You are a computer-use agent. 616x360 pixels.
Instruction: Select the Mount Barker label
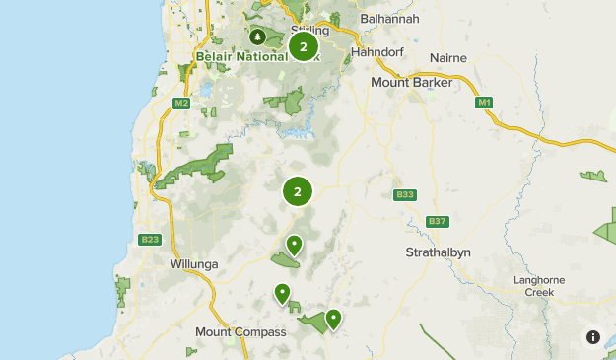411,83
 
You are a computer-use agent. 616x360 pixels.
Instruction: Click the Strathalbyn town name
439,252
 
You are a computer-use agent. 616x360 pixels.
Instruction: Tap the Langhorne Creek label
539,286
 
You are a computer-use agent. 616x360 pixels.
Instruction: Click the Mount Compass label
240,332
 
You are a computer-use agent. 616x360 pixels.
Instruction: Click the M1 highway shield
483,103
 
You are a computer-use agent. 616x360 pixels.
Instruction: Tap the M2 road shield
180,103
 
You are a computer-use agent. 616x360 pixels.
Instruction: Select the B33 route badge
404,194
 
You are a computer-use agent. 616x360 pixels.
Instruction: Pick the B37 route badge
438,221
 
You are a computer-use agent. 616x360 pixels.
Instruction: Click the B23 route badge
150,239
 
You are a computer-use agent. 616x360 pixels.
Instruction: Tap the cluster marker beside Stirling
303,46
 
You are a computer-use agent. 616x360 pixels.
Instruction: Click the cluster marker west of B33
297,192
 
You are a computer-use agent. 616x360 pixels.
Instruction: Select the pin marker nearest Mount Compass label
283,293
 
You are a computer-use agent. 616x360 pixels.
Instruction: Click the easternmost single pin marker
333,319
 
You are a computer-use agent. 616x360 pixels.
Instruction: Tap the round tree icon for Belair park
258,37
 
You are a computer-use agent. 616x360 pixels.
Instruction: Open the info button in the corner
593,337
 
